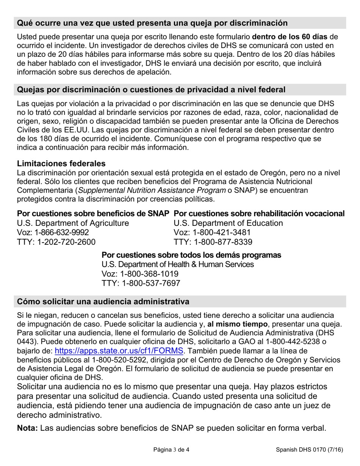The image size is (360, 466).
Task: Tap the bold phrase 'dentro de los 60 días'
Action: (x=291, y=37)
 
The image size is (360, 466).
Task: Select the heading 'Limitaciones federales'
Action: (x=61, y=164)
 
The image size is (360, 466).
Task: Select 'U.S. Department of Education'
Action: (x=228, y=223)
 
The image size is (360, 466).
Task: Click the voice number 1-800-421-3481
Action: (x=211, y=232)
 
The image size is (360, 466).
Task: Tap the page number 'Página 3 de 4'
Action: (x=171, y=450)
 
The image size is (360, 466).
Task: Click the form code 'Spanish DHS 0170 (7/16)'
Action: (x=309, y=450)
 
